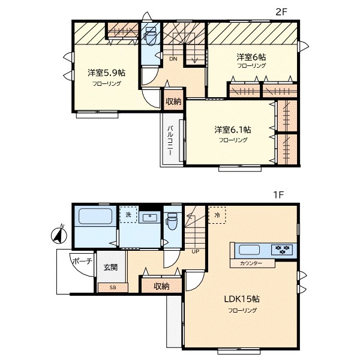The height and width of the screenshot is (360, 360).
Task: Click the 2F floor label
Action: click(281, 12)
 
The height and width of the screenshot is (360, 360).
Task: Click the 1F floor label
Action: click(278, 195)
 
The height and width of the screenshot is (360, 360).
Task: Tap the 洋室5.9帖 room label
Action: click(106, 73)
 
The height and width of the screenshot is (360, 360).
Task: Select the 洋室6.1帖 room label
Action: click(233, 130)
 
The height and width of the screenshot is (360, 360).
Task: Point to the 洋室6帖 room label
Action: click(251, 56)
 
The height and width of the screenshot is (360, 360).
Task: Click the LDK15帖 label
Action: click(242, 299)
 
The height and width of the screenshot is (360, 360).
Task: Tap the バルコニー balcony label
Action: click(170, 140)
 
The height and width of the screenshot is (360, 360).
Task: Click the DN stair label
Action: click(173, 59)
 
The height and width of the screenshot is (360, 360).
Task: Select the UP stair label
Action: click(196, 251)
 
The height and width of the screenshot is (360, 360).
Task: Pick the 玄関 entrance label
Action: click(110, 267)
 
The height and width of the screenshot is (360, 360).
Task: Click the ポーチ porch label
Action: click(83, 261)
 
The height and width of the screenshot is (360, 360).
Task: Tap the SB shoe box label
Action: click(113, 287)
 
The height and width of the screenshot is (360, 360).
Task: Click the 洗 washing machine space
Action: click(128, 215)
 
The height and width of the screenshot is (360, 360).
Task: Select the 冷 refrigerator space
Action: click(217, 215)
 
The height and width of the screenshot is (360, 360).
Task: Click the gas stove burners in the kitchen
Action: click(282, 250)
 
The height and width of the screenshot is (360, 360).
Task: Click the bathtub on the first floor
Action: click(95, 216)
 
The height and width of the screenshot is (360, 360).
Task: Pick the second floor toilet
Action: click(150, 36)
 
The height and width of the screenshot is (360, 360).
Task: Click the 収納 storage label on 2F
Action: click(173, 101)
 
